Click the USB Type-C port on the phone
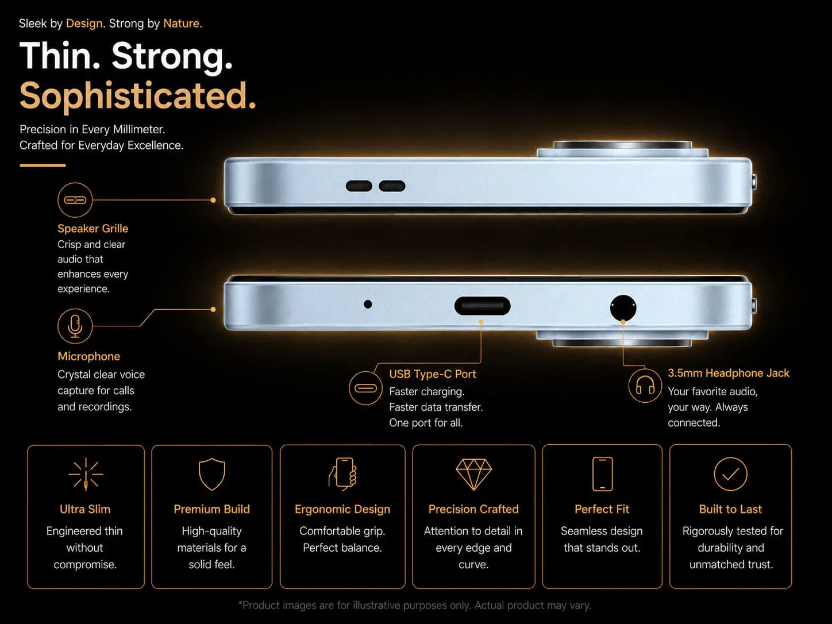482,306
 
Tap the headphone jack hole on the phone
623,307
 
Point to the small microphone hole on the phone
368,304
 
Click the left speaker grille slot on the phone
359,186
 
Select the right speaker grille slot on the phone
392,186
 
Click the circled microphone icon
75,326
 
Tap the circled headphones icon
645,386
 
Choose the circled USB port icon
365,388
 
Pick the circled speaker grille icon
75,199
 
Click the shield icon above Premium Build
212,474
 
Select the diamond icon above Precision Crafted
474,475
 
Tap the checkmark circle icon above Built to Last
730,474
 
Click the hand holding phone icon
342,474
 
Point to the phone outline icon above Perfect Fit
602,474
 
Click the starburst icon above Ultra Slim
86,474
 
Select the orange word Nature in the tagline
183,24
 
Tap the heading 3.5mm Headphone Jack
729,373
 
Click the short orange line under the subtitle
43,165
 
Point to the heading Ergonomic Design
342,510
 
